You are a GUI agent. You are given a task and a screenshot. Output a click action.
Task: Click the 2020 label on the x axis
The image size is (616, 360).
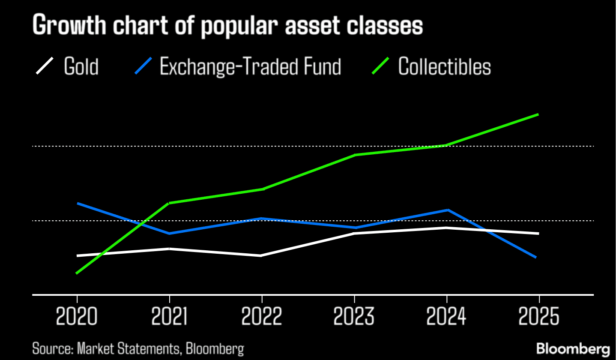77,318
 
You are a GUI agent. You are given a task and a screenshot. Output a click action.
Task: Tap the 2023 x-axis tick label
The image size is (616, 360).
354,318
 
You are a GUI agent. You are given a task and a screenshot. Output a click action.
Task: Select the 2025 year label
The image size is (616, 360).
539,318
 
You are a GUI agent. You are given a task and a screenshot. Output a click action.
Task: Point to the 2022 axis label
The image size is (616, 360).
261,318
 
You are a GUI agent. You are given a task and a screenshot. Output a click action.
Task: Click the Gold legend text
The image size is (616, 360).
81,66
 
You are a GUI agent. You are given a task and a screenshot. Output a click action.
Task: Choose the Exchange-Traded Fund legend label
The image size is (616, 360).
250,66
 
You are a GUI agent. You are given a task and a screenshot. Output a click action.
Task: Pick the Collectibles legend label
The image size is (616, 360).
444,66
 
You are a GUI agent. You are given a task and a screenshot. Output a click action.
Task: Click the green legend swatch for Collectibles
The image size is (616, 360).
380,66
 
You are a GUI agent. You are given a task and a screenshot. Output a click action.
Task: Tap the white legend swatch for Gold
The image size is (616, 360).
45,66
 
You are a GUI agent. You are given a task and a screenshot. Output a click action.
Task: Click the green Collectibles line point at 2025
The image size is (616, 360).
538,114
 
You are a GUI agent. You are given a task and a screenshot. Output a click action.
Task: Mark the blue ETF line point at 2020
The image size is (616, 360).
78,203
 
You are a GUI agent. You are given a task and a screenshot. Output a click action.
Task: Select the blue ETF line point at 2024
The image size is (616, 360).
447,210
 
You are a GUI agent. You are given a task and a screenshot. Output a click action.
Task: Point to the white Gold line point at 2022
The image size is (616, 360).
261,255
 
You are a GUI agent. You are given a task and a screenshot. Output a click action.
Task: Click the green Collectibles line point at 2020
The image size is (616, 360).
77,273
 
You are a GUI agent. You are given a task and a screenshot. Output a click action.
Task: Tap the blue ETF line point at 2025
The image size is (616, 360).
536,257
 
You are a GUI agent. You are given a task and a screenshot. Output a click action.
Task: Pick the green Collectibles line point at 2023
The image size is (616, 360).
355,155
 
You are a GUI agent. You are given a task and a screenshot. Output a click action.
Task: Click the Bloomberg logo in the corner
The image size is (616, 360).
573,348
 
